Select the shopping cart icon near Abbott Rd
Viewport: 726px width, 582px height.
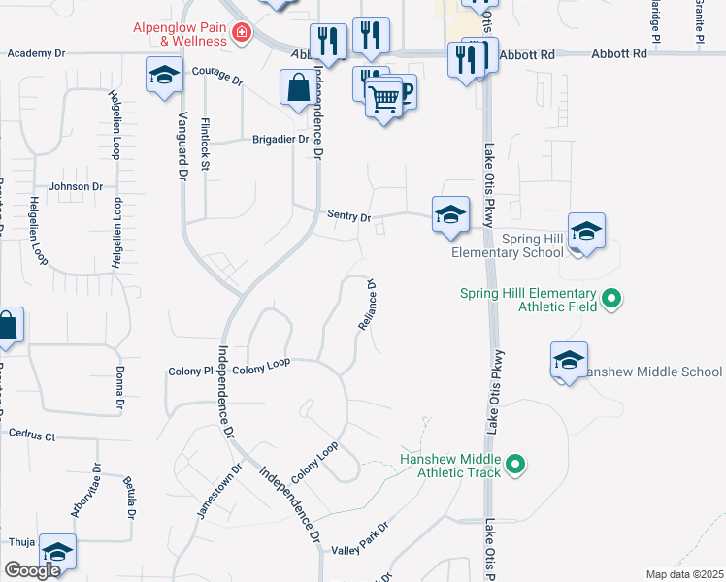(384, 98)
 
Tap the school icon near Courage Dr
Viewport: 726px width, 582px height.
(164, 74)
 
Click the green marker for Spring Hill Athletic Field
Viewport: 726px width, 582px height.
(611, 299)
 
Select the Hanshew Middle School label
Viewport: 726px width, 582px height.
(653, 372)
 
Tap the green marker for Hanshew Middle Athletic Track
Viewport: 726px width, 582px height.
(516, 467)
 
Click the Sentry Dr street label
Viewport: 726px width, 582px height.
(349, 218)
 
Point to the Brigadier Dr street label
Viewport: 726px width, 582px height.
(280, 139)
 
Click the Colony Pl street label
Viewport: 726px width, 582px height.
(189, 371)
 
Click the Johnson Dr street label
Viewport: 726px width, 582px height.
(76, 186)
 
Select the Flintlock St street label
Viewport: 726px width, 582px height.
(205, 145)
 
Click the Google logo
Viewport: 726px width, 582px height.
(32, 569)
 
